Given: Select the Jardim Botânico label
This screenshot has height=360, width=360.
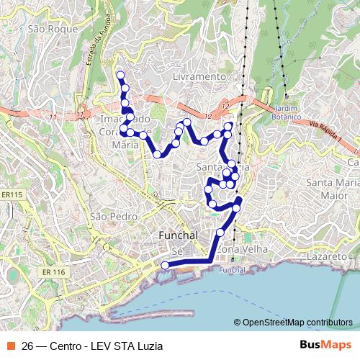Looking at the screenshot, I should tap(286, 108).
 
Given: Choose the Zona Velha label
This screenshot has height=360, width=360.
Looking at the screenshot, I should tap(241, 248).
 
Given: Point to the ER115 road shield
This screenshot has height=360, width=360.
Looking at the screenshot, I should tap(12, 194).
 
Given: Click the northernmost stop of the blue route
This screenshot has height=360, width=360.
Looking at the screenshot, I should tap(120, 76).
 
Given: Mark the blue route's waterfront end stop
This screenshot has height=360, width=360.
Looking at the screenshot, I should tap(165, 265).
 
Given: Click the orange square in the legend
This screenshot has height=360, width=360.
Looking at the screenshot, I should tap(12, 345).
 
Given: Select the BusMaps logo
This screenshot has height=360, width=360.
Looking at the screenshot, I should tap(320, 344).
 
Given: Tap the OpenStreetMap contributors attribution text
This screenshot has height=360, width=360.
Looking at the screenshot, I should tap(297, 323).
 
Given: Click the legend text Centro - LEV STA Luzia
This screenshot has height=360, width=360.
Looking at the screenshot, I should tap(107, 345).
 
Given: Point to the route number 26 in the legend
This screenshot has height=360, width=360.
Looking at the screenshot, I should tap(29, 345).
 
